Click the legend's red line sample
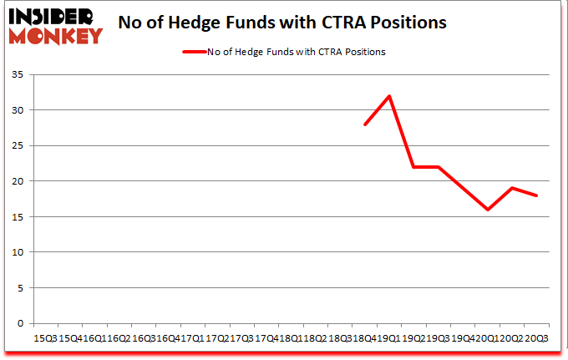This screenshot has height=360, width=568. [194, 53]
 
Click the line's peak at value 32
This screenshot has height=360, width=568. [389, 96]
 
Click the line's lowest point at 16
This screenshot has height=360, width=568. [488, 210]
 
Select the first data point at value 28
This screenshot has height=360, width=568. [365, 124]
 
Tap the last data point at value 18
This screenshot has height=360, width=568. [536, 195]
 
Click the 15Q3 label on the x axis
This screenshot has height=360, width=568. [43, 337]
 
